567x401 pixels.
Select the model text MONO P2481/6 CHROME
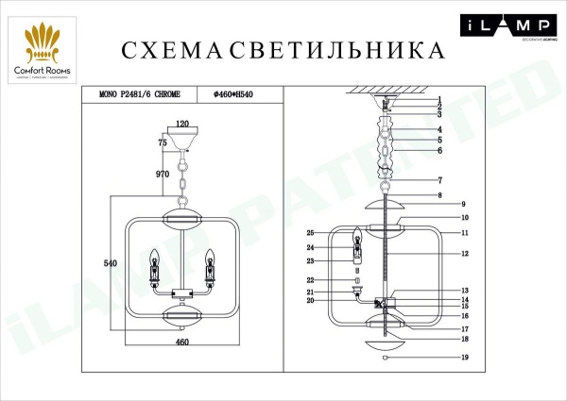pyautogui.click(x=140, y=93)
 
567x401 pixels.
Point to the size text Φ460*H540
pyautogui.click(x=235, y=93)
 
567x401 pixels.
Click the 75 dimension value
pyautogui.click(x=163, y=141)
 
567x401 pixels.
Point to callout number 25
pyautogui.click(x=336, y=233)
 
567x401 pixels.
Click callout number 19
pyautogui.click(x=466, y=359)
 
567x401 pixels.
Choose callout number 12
pyautogui.click(x=466, y=254)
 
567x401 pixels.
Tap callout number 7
pyautogui.click(x=466, y=180)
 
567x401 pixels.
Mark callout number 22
pyautogui.click(x=336, y=280)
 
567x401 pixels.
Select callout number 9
pyautogui.click(x=466, y=205)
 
